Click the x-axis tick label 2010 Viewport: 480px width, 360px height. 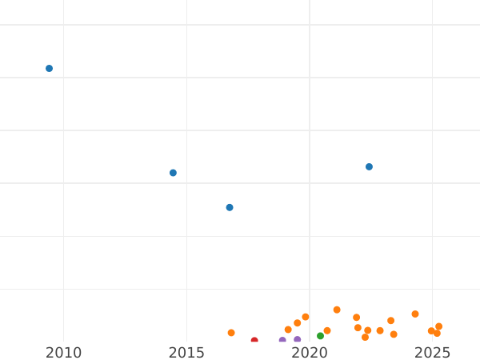pyautogui.click(x=63, y=353)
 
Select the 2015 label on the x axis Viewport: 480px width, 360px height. pyautogui.click(x=186, y=353)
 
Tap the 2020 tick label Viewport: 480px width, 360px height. pyautogui.click(x=310, y=353)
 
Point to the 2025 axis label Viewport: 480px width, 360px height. pyautogui.click(x=433, y=353)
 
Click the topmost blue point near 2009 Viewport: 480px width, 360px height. pyautogui.click(x=49, y=69)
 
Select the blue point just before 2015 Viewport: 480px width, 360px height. pyautogui.click(x=173, y=173)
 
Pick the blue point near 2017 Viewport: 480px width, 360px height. pyautogui.click(x=230, y=207)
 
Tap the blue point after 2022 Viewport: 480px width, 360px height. pyautogui.click(x=369, y=167)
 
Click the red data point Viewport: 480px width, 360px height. pyautogui.click(x=254, y=341)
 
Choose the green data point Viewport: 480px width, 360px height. pyautogui.click(x=320, y=336)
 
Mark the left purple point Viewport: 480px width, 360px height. pyautogui.click(x=282, y=341)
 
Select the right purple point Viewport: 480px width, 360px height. pyautogui.click(x=298, y=340)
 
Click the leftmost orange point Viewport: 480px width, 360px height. pyautogui.click(x=231, y=333)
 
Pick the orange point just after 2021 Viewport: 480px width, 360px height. pyautogui.click(x=337, y=310)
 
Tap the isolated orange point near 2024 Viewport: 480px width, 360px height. pyautogui.click(x=415, y=314)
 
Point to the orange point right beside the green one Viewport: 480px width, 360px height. pyautogui.click(x=327, y=330)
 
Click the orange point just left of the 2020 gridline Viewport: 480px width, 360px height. pyautogui.click(x=306, y=317)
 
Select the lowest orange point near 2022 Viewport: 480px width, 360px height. pyautogui.click(x=365, y=337)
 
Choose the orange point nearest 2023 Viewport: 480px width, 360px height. pyautogui.click(x=380, y=330)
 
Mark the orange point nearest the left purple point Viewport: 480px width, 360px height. pyautogui.click(x=288, y=330)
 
